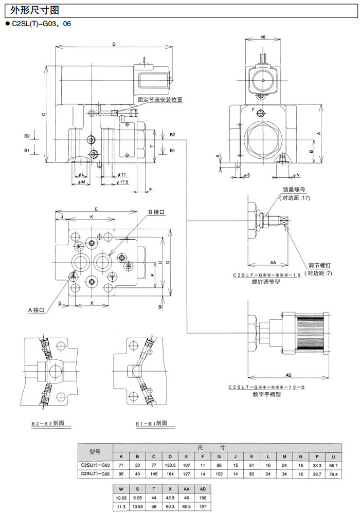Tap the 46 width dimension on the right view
(263, 38)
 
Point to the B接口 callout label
(157, 212)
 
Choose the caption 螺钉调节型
(266, 282)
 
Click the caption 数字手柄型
(266, 394)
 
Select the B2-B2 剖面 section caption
(48, 423)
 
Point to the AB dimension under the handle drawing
(289, 375)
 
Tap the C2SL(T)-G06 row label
(95, 474)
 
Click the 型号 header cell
(95, 452)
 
